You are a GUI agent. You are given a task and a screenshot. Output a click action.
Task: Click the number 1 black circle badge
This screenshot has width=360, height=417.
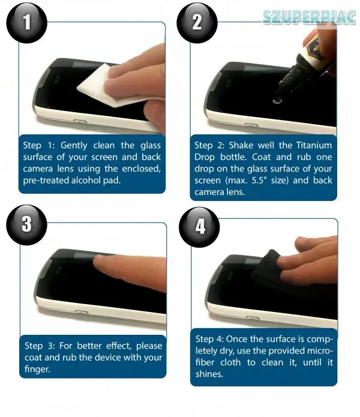(26, 22)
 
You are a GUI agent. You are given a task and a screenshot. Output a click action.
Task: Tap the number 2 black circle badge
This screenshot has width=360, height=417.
(197, 22)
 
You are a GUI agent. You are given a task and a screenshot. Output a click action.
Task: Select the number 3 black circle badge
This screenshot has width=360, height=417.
(26, 225)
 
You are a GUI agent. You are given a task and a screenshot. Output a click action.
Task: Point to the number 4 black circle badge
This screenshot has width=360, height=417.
(199, 227)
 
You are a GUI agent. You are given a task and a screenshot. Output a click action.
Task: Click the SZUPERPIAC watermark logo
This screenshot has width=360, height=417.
(309, 17)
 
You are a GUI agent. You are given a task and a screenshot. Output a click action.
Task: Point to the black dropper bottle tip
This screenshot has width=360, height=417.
(277, 92)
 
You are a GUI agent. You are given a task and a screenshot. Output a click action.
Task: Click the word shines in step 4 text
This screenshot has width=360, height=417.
(209, 374)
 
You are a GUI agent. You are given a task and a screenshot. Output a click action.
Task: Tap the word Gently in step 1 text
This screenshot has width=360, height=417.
(74, 146)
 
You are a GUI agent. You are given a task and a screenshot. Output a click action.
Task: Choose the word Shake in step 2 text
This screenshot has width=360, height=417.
(241, 145)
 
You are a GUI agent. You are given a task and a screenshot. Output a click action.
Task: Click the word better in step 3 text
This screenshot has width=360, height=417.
(88, 346)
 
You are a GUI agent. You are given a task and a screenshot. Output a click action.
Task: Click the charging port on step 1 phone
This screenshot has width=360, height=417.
(80, 122)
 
